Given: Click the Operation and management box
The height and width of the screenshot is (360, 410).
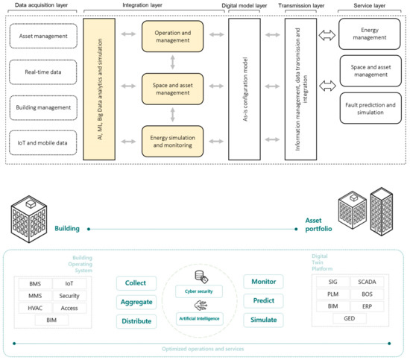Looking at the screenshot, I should tap(173, 37).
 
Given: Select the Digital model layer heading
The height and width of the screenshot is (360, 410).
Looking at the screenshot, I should tap(246, 5).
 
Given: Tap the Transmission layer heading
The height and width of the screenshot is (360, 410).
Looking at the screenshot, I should tap(301, 5).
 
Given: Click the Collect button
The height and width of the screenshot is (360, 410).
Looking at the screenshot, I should tap(136, 283).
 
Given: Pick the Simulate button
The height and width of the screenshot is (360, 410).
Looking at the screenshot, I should tap(264, 320).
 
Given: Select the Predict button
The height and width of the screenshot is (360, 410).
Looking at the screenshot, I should tap(264, 302).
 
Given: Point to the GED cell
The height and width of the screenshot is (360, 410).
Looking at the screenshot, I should tap(349, 319).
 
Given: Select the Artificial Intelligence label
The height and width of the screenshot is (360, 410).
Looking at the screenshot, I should tap(200, 319).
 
